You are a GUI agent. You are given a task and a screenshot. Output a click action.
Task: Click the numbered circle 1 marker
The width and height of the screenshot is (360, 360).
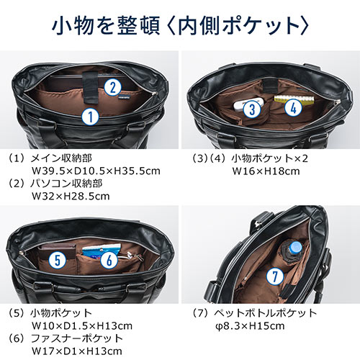tap(89, 115)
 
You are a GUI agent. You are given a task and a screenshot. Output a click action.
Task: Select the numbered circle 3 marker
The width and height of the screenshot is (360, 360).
tap(251, 109)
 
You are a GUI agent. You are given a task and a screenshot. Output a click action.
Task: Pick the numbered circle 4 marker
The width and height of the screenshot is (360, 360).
tap(291, 108)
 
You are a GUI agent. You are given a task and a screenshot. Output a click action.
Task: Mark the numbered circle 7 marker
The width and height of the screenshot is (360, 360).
tap(273, 276)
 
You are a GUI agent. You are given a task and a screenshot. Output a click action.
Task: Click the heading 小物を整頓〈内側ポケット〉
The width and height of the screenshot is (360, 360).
tap(180, 27)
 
